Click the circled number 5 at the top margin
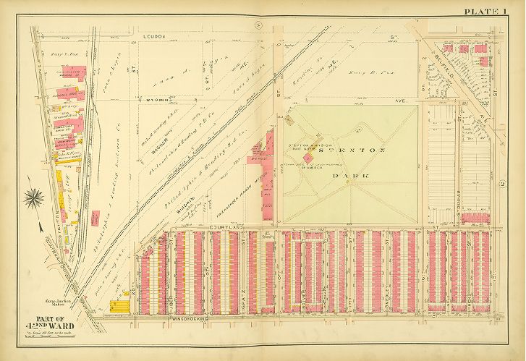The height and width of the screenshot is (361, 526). point(249,26)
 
